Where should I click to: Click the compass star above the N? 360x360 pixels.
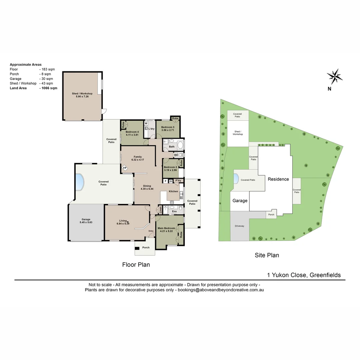tap(335, 77)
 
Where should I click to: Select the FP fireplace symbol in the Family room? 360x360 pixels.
tap(125, 168)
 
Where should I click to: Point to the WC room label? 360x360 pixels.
tap(176, 155)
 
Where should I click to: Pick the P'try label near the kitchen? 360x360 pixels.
tap(178, 181)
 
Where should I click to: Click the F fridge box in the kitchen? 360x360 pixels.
tap(165, 181)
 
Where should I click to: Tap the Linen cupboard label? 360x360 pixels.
tap(160, 210)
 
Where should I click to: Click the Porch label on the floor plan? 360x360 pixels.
tap(146, 247)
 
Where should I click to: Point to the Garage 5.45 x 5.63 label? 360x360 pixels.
tap(86, 221)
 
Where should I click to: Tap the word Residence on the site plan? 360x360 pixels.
tap(278, 179)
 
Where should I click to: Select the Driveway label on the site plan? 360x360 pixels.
tap(239, 226)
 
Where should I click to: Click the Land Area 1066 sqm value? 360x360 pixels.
tap(48, 88)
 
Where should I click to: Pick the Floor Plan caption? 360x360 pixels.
tap(136, 265)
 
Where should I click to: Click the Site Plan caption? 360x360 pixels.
tap(267, 255)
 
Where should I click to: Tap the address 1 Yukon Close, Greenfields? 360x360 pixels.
tap(304, 275)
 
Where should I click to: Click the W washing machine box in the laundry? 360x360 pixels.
tap(146, 123)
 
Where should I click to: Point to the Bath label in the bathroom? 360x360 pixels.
tap(172, 147)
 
